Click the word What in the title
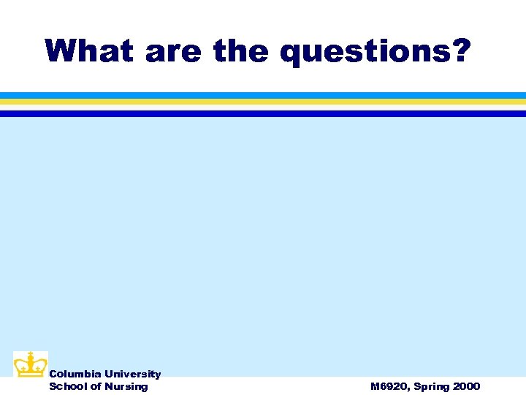89,51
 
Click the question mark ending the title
460,51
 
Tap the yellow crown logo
31,365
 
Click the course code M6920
387,386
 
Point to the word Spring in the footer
430,387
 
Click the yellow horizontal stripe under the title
263,102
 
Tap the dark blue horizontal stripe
263,113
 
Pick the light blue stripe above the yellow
263,95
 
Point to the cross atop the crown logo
31,355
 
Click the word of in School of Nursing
94,386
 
